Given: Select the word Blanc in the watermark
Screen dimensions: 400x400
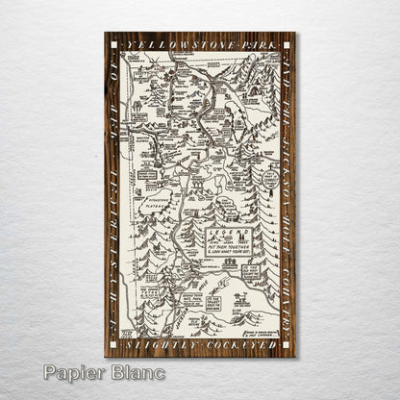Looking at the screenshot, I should coord(137,372).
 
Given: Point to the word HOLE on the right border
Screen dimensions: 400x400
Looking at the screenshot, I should coord(287,216).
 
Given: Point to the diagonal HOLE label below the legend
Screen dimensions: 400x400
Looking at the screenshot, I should coord(226,279).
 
